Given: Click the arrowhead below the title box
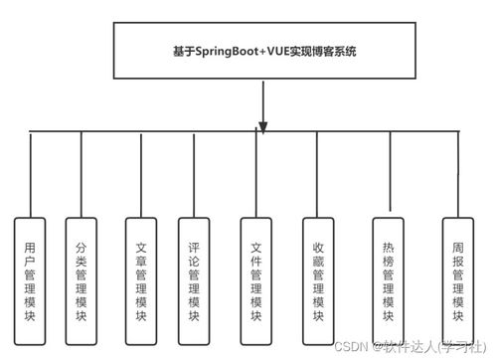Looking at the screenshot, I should pyautogui.click(x=263, y=123).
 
